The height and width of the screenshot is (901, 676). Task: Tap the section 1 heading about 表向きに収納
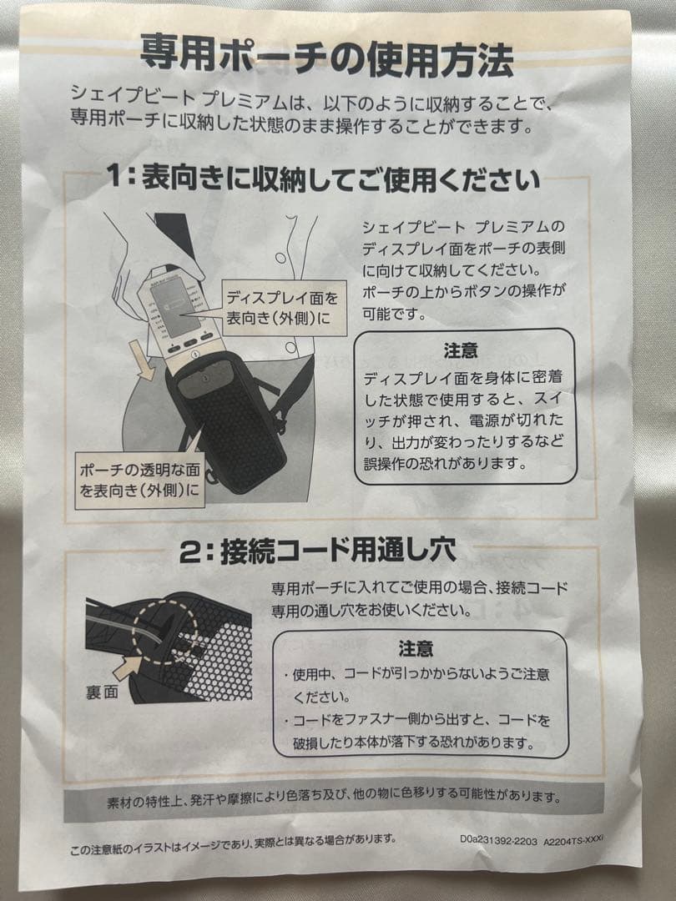point(323,179)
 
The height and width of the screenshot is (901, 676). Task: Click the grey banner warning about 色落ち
point(332,798)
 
